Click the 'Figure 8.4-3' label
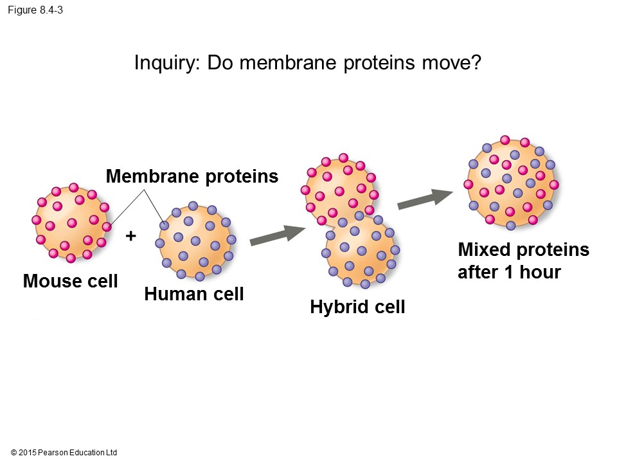(x=35, y=10)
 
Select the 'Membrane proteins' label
(x=192, y=176)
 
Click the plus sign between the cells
(x=131, y=236)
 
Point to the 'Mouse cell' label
(x=70, y=281)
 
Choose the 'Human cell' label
(x=194, y=294)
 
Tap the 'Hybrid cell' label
(x=357, y=307)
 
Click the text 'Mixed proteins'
(x=523, y=250)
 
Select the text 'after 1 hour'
(x=509, y=272)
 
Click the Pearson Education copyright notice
(x=64, y=453)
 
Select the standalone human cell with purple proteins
(x=195, y=241)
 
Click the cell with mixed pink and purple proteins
(x=511, y=183)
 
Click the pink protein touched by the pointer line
(x=107, y=226)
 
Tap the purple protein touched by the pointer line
(x=165, y=226)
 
